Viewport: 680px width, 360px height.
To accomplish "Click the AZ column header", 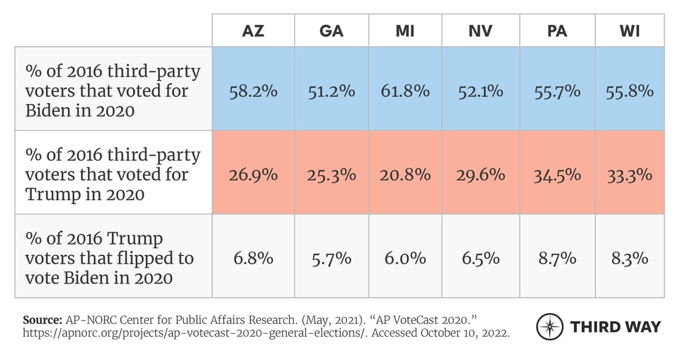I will coord(253,31).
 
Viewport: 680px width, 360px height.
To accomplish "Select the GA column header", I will coord(331,31).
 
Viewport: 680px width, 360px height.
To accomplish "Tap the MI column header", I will coord(404,31).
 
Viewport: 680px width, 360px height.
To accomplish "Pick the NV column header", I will coord(480,31).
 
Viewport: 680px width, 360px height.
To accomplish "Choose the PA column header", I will coord(557,31).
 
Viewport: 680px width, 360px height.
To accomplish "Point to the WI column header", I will coord(630,31).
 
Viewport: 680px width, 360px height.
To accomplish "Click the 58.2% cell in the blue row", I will coord(253,91).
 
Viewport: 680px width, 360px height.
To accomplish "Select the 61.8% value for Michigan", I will coord(404,91).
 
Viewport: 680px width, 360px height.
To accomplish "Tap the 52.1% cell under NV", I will coord(480,91).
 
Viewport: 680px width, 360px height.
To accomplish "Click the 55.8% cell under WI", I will coord(630,91).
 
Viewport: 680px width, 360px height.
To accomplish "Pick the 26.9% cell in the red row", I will coord(253,174).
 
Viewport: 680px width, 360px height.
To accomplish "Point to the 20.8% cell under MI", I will coord(404,174).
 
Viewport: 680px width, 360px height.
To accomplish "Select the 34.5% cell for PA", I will coord(557,174).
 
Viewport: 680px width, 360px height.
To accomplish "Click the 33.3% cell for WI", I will coord(630,174).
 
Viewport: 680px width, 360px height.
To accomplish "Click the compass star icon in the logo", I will coord(550,327).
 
